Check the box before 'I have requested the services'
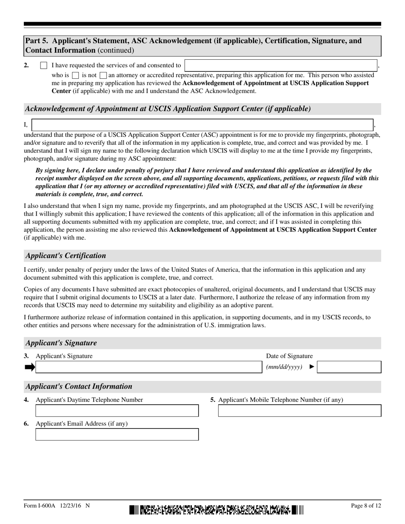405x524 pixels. tap(43, 66)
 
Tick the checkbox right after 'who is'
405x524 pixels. tap(75, 75)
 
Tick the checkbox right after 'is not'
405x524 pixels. tap(103, 75)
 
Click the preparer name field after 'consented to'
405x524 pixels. tap(281, 65)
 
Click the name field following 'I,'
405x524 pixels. tap(203, 124)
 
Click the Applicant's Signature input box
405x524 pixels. tap(148, 367)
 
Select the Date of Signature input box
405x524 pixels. tap(349, 367)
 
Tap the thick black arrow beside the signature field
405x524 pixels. tap(30, 367)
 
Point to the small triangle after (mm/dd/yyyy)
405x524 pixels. tap(312, 367)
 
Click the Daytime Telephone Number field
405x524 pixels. tap(117, 411)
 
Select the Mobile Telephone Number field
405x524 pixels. tap(300, 411)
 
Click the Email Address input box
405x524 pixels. tap(117, 435)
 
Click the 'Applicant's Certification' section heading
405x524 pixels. tap(66, 256)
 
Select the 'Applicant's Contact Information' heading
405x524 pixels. tap(79, 386)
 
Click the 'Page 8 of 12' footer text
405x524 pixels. tap(366, 506)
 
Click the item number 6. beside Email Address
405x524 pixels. tap(26, 423)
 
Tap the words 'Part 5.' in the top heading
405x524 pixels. tap(37, 41)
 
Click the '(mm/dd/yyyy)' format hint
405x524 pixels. tap(284, 367)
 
